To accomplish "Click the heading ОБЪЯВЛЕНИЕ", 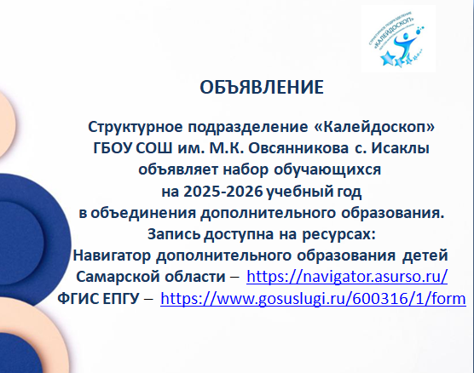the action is tap(262, 87).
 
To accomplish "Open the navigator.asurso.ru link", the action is tap(347, 276).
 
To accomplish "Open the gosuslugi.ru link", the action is tap(313, 298).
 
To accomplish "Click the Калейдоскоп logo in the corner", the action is tap(398, 38).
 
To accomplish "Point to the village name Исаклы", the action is tap(400, 148).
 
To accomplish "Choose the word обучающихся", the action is tap(327, 169).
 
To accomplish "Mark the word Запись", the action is tap(174, 234).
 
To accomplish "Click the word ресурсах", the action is tap(338, 234).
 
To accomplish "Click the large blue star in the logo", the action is tap(387, 58).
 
